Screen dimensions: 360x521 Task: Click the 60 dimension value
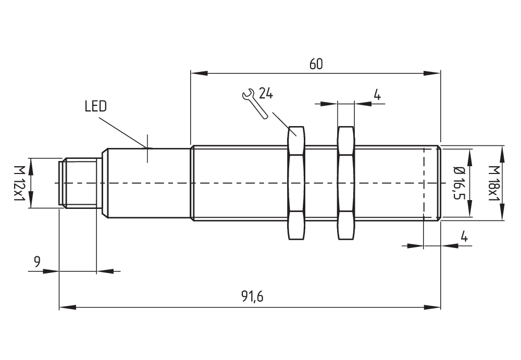click(316, 64)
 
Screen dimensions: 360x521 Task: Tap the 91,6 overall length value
click(252, 296)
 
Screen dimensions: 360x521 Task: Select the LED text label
click(95, 107)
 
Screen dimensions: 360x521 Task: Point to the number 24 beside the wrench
click(266, 94)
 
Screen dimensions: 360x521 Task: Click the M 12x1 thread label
click(19, 183)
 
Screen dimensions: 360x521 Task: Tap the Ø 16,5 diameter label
click(458, 183)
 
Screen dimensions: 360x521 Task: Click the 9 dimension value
click(37, 262)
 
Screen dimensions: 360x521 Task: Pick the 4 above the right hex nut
click(377, 95)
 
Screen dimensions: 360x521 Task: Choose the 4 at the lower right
click(464, 237)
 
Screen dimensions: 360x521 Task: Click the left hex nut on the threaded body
click(296, 183)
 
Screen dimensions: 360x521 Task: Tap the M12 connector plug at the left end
click(78, 183)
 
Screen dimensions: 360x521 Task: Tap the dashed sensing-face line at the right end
click(424, 183)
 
